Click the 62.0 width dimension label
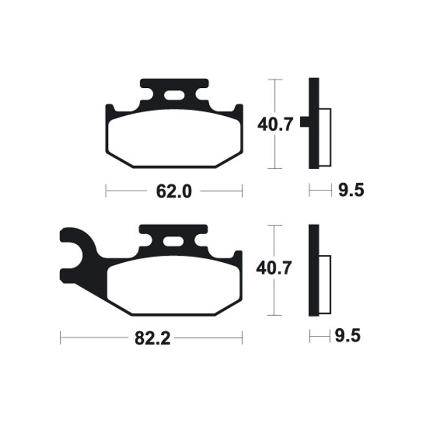click(173, 191)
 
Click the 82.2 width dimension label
click(152, 338)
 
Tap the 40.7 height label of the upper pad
click(274, 125)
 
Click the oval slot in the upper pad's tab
click(173, 96)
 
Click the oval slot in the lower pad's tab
click(173, 242)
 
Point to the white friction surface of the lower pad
click(173, 286)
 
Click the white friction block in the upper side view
click(325, 137)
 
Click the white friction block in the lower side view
click(325, 284)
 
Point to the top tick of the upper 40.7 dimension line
click(274, 79)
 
